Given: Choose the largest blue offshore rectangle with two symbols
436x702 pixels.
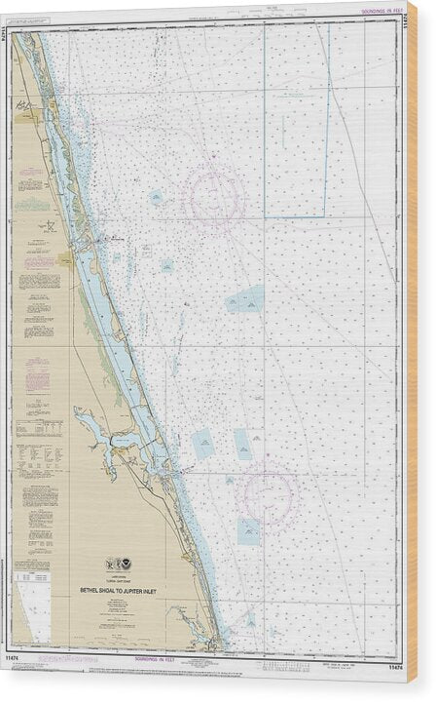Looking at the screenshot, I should (245, 299).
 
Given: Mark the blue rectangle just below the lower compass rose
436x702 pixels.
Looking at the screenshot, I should (249, 530).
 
